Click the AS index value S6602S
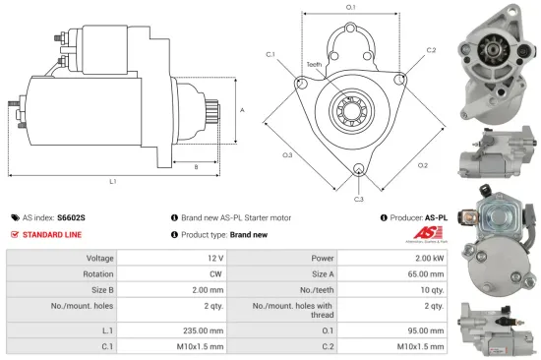click(72, 216)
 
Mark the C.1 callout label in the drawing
click(270, 54)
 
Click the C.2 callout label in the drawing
click(430, 48)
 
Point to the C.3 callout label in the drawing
click(359, 200)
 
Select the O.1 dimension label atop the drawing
click(350, 8)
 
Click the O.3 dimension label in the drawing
click(287, 154)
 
